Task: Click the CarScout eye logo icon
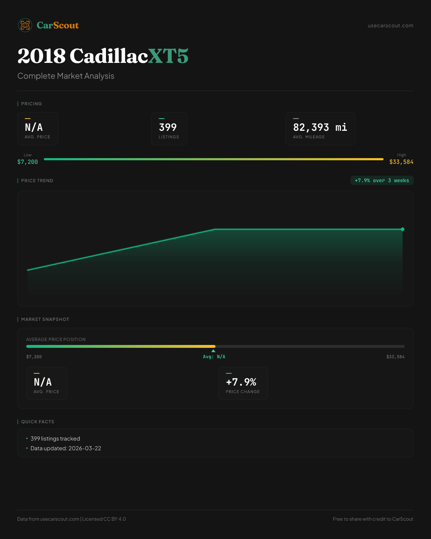pos(25,25)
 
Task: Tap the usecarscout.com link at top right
pos(390,26)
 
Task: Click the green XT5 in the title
pos(168,56)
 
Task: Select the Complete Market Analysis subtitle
pos(66,76)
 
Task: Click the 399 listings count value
pos(168,127)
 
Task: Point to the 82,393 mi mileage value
pos(320,127)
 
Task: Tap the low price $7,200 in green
pos(28,162)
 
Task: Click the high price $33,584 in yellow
pos(401,162)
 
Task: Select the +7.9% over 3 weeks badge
pos(382,180)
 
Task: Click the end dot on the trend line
pos(403,229)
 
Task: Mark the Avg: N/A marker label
pos(214,357)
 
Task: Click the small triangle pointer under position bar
pos(213,351)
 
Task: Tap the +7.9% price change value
pos(241,382)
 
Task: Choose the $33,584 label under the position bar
pos(395,357)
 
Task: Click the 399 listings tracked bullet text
pos(55,439)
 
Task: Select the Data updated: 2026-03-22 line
pos(66,448)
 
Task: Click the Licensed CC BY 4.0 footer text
pos(104,519)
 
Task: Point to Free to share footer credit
pos(373,519)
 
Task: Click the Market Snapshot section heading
pos(45,319)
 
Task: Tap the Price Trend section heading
pos(37,181)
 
